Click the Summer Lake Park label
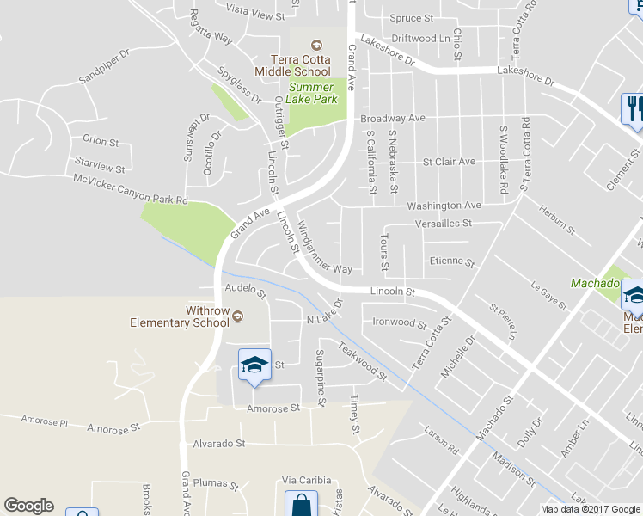pyautogui.click(x=313, y=93)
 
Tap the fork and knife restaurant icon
pyautogui.click(x=633, y=108)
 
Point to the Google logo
pyautogui.click(x=28, y=506)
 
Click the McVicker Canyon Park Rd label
pyautogui.click(x=131, y=189)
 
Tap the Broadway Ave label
pyautogui.click(x=393, y=118)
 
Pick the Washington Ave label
pyautogui.click(x=444, y=206)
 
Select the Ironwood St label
pyautogui.click(x=400, y=323)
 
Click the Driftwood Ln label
pyautogui.click(x=421, y=39)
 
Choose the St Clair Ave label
pyautogui.click(x=448, y=161)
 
